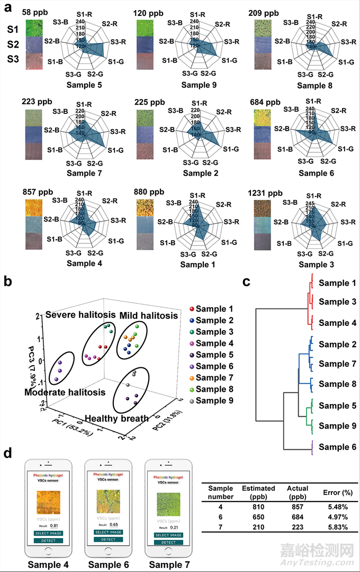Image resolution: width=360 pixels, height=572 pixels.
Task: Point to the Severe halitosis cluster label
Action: pyautogui.click(x=80, y=315)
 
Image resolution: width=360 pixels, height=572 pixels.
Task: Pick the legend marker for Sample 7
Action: pyautogui.click(x=192, y=377)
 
